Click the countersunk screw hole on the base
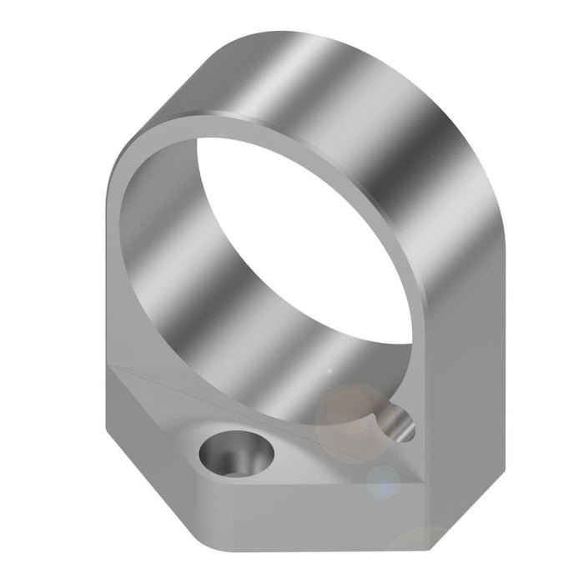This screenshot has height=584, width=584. pyautogui.click(x=235, y=454)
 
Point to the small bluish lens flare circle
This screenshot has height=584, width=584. pyautogui.click(x=384, y=481)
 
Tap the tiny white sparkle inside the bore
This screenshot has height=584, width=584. pyautogui.click(x=329, y=370)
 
